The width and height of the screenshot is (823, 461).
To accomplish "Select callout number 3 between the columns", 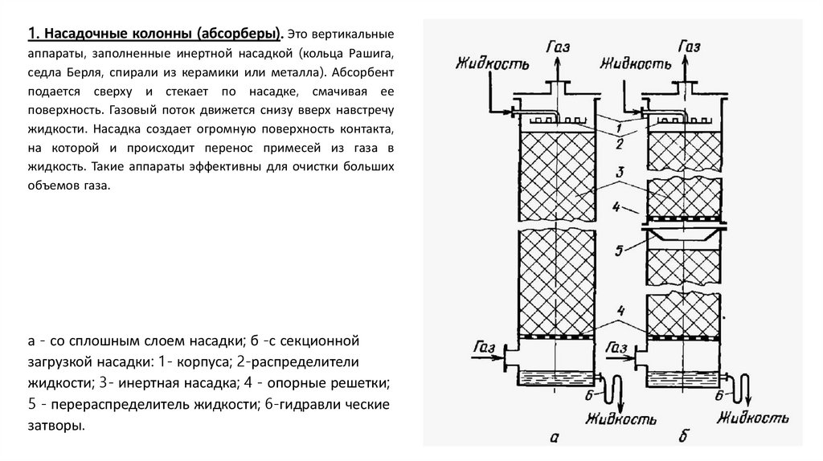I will point(620,172).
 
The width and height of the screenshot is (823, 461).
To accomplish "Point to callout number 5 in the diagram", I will point(619,251).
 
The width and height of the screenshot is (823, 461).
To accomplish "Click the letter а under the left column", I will point(552,438).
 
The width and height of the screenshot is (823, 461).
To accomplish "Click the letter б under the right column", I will point(684,438).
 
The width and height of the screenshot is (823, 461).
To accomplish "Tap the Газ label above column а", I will point(555,49).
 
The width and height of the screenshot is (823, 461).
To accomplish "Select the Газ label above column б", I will point(689,49).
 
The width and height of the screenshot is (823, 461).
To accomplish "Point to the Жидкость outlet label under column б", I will point(748,418).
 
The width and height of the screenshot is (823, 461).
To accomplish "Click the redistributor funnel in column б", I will point(682,238).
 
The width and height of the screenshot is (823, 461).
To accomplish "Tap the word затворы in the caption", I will point(55,426).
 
